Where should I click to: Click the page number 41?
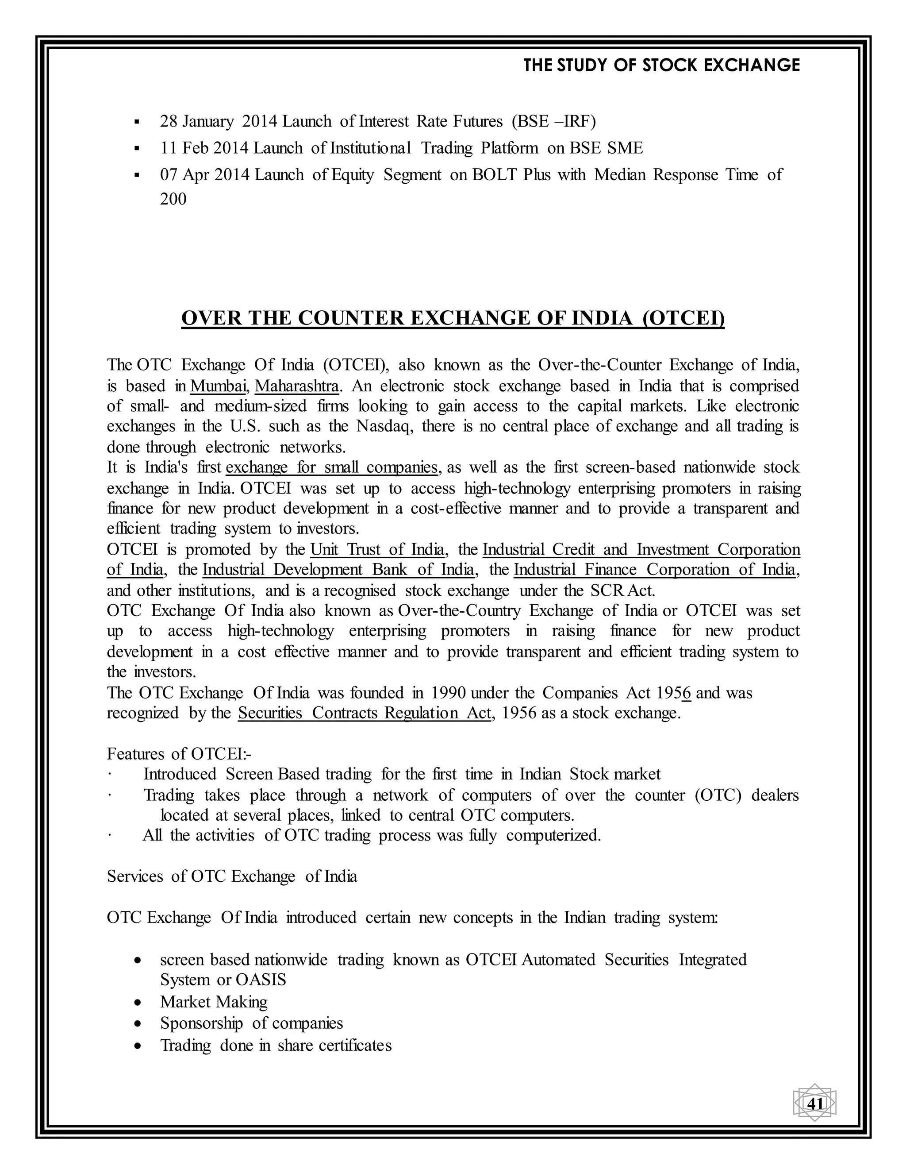click(815, 1104)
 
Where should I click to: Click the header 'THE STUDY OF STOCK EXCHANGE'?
click(661, 66)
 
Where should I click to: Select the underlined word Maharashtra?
click(296, 386)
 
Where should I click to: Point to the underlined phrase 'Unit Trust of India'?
click(377, 549)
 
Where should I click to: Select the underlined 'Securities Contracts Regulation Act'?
click(365, 713)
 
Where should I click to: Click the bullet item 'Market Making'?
click(214, 1002)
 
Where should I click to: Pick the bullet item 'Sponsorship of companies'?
click(251, 1023)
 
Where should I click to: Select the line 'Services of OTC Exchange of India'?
click(232, 876)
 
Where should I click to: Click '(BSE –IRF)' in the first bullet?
click(553, 121)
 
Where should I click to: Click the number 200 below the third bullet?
click(173, 199)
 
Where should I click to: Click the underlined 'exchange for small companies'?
click(332, 467)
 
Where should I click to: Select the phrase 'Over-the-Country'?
click(460, 611)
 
